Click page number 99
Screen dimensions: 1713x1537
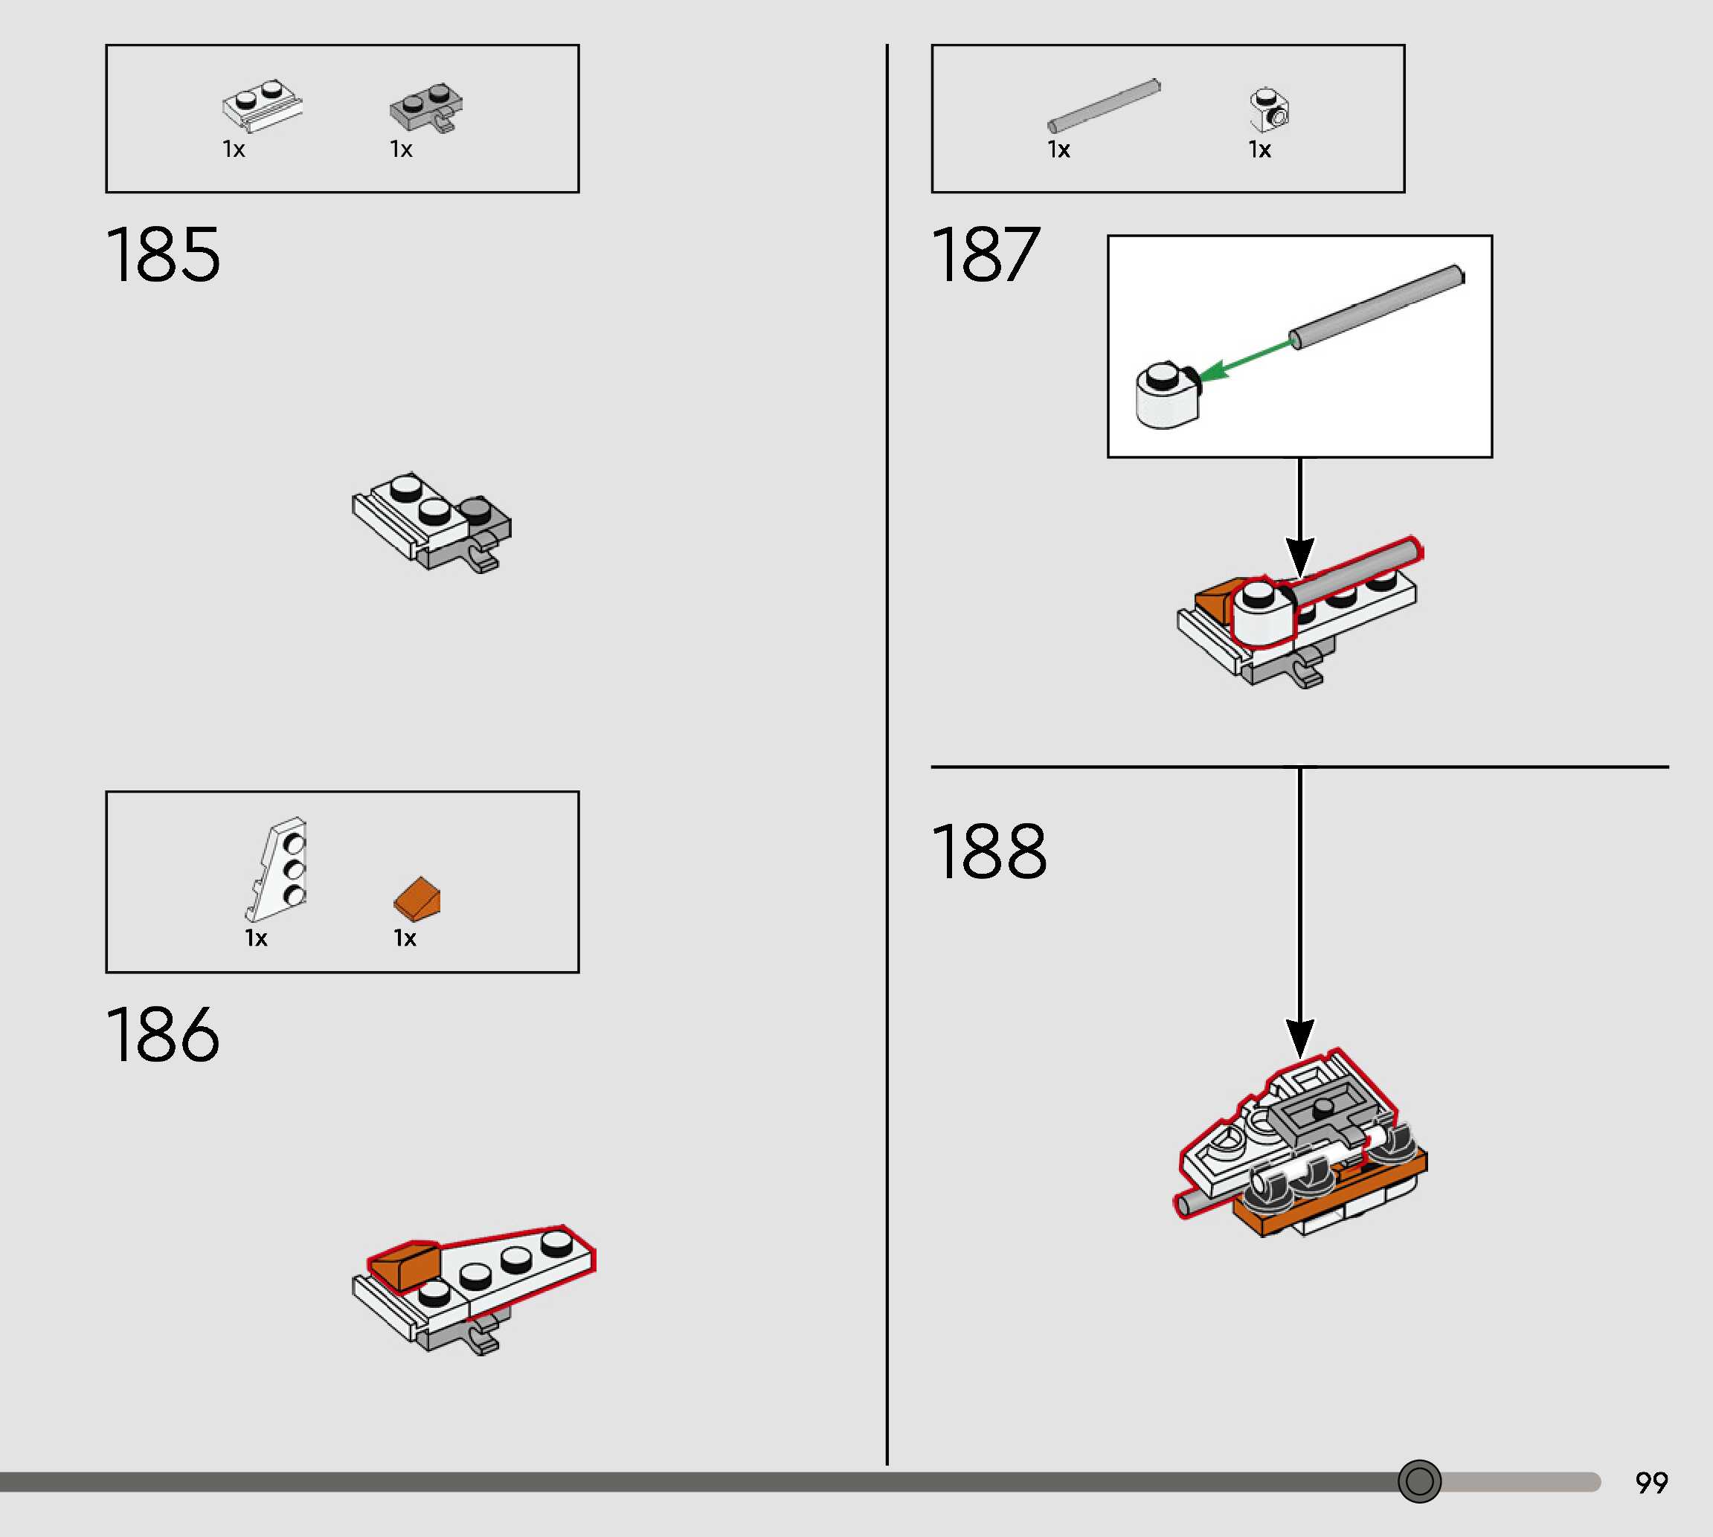1651,1483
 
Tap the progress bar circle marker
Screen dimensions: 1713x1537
1419,1481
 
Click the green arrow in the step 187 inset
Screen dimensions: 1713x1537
1246,358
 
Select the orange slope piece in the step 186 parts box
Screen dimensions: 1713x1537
417,898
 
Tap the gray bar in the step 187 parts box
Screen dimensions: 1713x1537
1104,106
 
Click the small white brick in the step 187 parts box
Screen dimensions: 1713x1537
1269,111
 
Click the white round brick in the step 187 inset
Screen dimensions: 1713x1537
1166,396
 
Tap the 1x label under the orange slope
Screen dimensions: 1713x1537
405,938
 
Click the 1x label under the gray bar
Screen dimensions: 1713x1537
1058,150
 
